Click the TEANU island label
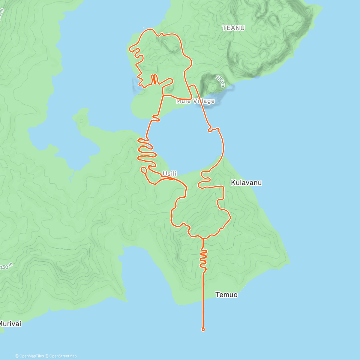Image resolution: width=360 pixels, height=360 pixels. pyautogui.click(x=233, y=28)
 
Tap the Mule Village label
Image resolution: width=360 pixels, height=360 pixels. pyautogui.click(x=195, y=101)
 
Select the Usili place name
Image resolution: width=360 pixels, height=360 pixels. pyautogui.click(x=169, y=174)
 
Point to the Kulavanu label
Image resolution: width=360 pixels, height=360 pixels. pyautogui.click(x=246, y=183)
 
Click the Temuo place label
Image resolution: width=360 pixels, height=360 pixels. pyautogui.click(x=226, y=295)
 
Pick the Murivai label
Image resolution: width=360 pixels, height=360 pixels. pyautogui.click(x=10, y=324)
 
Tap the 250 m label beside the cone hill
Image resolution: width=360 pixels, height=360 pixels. pyautogui.click(x=220, y=81)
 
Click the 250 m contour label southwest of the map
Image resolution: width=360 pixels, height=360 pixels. pyautogui.click(x=6, y=267)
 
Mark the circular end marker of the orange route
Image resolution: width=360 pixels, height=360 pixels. pyautogui.click(x=203, y=329)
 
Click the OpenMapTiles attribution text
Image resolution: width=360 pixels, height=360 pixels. pyautogui.click(x=31, y=356)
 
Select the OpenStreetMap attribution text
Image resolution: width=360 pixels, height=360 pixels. pyautogui.click(x=63, y=356)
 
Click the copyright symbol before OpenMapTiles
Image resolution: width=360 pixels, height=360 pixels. pyautogui.click(x=17, y=356)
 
